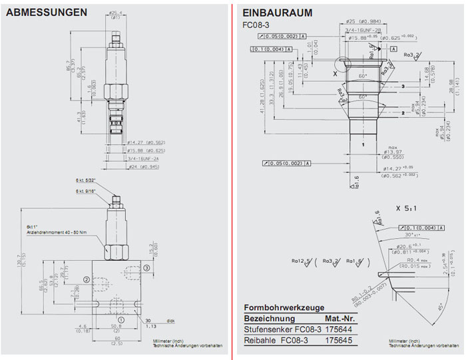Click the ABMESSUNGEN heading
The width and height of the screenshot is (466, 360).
(46, 13)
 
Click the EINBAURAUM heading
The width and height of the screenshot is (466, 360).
(278, 13)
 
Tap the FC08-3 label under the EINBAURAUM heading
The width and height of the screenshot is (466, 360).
(254, 25)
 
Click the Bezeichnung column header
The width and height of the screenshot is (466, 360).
(268, 317)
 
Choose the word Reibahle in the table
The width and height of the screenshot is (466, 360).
(258, 341)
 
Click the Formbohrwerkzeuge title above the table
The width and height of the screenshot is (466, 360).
(284, 307)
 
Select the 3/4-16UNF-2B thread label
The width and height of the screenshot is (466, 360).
(363, 30)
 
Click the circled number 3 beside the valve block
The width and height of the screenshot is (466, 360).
(146, 268)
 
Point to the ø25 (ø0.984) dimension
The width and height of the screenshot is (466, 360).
(363, 21)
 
